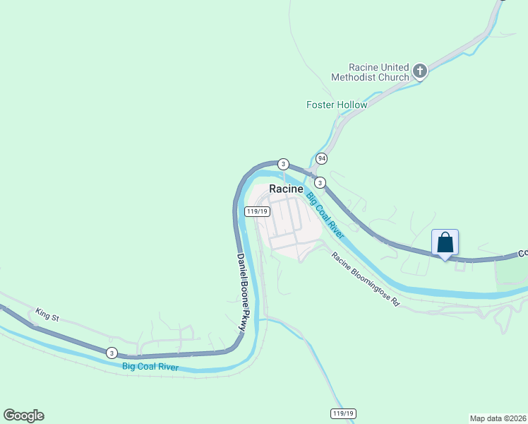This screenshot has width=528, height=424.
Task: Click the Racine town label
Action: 286,189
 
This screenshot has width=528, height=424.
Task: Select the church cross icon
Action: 420,71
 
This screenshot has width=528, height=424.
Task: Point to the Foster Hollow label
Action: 337,105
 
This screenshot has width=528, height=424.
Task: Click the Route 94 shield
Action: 322,158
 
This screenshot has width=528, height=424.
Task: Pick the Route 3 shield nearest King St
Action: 112,353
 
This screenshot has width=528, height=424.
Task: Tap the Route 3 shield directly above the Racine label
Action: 283,164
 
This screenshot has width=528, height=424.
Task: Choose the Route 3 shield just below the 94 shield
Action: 320,182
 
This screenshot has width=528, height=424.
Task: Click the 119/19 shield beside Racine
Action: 257,211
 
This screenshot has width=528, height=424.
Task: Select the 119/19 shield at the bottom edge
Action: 342,413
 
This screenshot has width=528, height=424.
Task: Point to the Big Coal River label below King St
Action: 150,367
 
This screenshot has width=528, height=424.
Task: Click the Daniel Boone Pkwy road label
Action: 244,290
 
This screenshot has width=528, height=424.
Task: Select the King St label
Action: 47,315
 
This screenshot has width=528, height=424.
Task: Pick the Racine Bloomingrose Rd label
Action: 366,279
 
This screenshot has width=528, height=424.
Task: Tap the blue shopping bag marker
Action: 445,242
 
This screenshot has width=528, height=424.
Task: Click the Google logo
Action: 23,416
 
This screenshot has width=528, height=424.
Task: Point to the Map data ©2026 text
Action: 497,418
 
